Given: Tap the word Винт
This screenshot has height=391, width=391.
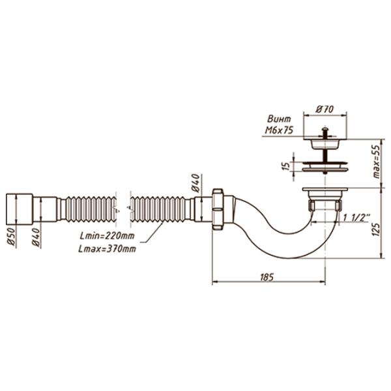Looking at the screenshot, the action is [279, 119].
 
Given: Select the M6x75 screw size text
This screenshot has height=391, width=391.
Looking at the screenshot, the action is [279, 130].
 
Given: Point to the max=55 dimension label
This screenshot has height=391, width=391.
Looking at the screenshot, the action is [377, 162].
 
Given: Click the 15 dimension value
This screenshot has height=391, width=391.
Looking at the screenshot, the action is [287, 166].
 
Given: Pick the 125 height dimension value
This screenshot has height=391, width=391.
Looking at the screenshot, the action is [377, 229].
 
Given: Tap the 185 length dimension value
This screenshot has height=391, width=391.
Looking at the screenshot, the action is [267, 277].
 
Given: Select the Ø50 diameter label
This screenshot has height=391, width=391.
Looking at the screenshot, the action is [12, 238].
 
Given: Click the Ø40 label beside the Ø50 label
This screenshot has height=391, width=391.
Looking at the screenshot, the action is [36, 238].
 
